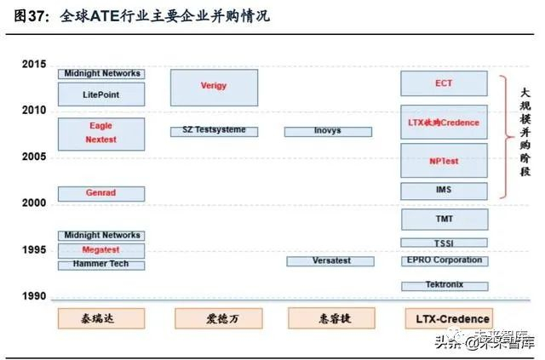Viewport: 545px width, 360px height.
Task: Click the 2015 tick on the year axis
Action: point(34,64)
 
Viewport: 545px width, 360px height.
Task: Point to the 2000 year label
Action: point(34,203)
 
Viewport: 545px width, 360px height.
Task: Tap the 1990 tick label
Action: point(34,296)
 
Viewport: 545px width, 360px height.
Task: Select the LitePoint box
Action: point(100,94)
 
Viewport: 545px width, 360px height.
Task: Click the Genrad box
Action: point(100,193)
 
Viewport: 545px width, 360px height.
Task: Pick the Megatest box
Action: point(100,249)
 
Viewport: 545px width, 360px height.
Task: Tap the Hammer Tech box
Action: point(100,265)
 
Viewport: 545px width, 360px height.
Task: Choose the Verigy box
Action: point(214,87)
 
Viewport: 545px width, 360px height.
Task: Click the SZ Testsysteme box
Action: point(214,130)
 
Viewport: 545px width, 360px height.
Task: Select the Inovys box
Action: point(328,131)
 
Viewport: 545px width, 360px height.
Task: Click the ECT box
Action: point(444,83)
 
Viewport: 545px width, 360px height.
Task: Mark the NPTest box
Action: point(444,160)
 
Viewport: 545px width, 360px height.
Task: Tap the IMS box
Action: point(444,190)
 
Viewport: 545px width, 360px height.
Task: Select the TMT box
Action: point(444,219)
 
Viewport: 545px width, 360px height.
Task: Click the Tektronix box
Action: point(444,286)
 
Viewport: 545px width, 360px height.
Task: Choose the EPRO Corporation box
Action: point(444,260)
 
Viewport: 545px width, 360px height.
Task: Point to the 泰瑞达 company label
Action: point(100,317)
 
